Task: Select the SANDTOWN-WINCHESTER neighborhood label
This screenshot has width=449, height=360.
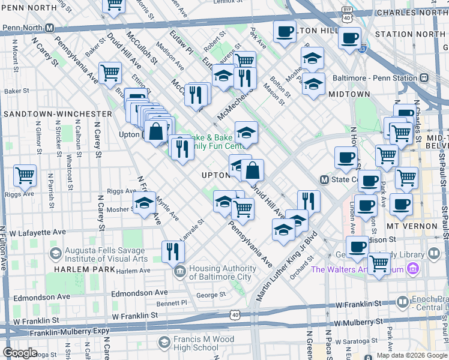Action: [57, 113]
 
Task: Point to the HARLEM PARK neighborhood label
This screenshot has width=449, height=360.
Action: [76, 269]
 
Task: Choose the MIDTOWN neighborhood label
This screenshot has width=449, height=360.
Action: [348, 94]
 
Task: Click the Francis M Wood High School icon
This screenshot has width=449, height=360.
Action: [164, 343]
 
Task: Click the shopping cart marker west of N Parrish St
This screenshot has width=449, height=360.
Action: [25, 176]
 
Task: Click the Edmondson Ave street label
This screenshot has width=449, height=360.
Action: [141, 293]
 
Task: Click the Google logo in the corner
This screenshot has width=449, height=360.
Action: [19, 353]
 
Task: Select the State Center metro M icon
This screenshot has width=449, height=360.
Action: [324, 179]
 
